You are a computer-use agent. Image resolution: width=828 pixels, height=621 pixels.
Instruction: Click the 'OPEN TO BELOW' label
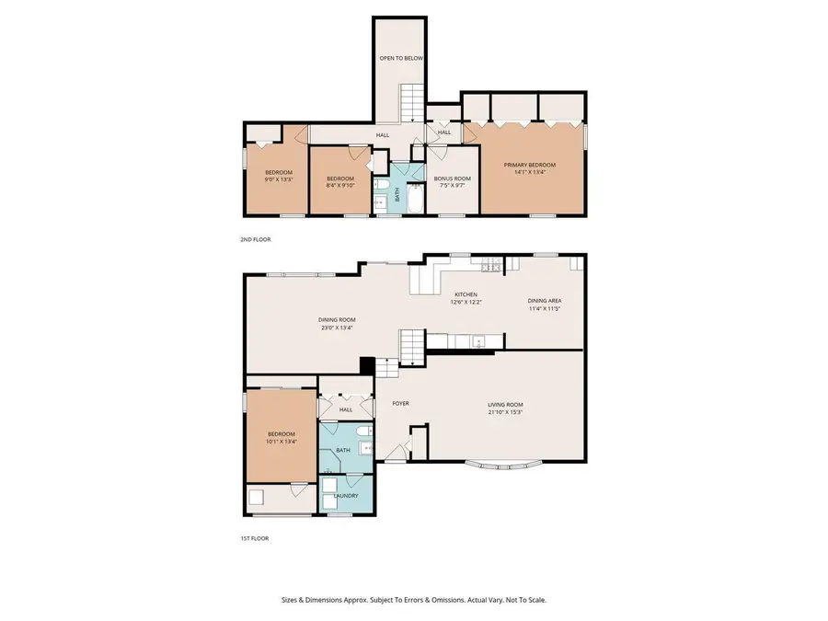pyautogui.click(x=402, y=58)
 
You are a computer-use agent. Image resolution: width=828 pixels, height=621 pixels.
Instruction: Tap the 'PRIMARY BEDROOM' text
pyautogui.click(x=530, y=165)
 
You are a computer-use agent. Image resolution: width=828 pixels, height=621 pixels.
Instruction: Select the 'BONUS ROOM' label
pyautogui.click(x=452, y=178)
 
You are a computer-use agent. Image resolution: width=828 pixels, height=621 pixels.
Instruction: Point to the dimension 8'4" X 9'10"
pyautogui.click(x=340, y=186)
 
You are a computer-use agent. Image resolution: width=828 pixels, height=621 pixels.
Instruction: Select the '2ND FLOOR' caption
pyautogui.click(x=255, y=239)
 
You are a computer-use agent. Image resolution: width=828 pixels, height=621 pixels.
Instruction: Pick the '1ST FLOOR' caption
pyautogui.click(x=255, y=539)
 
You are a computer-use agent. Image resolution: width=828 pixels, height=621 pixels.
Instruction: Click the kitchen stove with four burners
pyautogui.click(x=489, y=267)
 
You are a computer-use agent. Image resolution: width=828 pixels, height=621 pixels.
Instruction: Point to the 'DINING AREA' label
pyautogui.click(x=544, y=301)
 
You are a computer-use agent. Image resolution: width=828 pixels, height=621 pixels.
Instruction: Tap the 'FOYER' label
pyautogui.click(x=400, y=403)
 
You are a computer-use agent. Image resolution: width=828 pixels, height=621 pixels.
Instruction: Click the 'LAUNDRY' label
pyautogui.click(x=346, y=496)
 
